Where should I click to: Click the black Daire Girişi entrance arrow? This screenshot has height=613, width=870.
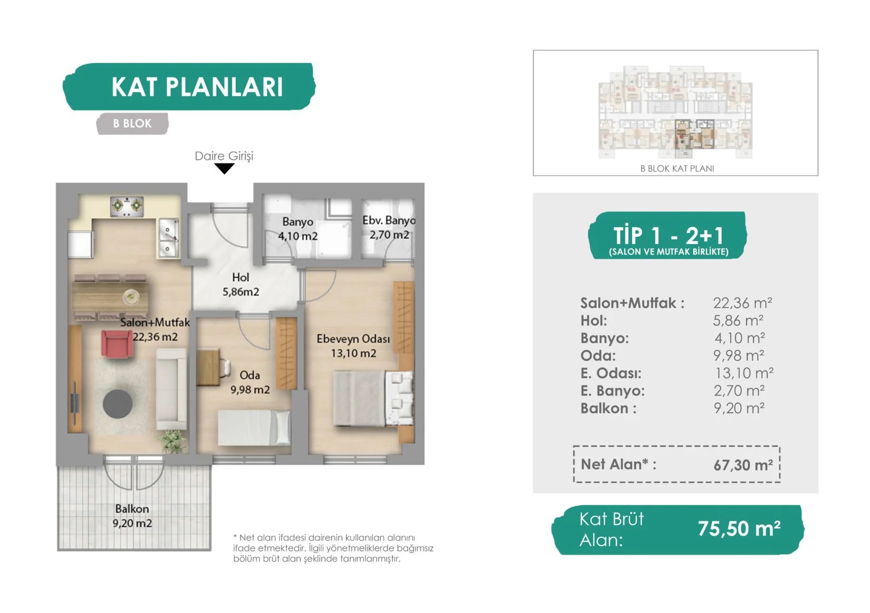point(224,168)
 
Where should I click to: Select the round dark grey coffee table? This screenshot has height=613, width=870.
point(117,404)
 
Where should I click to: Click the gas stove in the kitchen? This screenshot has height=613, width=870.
point(127,206)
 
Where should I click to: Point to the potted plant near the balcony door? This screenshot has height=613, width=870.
point(173,441)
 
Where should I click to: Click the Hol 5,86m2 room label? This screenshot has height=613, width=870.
point(240,284)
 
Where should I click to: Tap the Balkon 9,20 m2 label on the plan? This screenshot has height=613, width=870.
point(132,516)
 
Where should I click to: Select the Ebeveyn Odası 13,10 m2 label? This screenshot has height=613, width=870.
point(353,346)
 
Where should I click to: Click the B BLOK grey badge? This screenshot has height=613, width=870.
point(132,124)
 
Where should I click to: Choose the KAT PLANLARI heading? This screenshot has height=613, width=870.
point(197,87)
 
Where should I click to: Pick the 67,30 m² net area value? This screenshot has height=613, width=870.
point(743,465)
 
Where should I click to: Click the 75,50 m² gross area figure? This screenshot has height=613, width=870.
point(739,528)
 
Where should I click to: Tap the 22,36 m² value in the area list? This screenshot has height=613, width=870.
point(742,303)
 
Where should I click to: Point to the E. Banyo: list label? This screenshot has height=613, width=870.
point(612,391)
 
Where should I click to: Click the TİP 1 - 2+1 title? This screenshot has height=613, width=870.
point(668,235)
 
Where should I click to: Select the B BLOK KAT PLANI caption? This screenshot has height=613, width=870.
point(677,168)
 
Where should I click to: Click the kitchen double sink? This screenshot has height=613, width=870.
point(168,237)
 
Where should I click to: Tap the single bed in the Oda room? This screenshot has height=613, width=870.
point(254,427)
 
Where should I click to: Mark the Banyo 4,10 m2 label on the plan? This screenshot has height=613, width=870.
point(298,229)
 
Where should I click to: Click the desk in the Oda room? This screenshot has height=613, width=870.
point(209,367)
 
